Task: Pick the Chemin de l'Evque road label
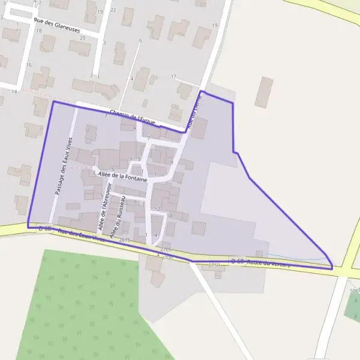[133, 117]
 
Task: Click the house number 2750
[214, 265]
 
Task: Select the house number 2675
[125, 240]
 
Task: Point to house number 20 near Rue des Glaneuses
[83, 38]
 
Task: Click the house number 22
[113, 10]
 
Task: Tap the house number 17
[173, 77]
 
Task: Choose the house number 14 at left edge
[14, 91]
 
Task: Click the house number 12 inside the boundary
[157, 209]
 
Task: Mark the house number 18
[38, 31]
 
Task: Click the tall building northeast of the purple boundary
[263, 92]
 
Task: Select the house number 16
[28, 65]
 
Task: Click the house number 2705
[166, 249]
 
